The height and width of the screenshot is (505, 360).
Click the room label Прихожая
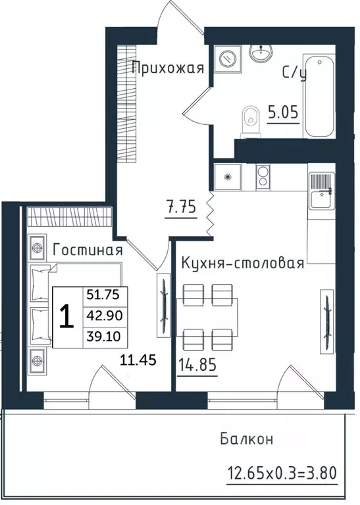coord(167,68)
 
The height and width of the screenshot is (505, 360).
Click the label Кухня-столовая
coord(242,264)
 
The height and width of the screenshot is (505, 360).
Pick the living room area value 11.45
coord(138,360)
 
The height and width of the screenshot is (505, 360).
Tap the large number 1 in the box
coord(65,318)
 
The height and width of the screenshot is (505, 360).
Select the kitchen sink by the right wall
coord(321,191)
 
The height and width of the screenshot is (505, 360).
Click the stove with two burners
coord(263,177)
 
